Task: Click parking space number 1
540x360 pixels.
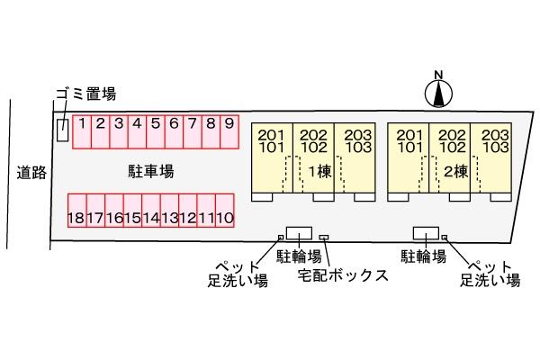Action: click(82, 132)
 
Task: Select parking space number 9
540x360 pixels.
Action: click(229, 132)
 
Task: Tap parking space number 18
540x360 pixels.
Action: click(77, 211)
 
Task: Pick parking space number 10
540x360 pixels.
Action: click(225, 211)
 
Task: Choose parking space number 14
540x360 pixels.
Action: click(151, 211)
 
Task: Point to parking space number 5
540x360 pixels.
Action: click(156, 132)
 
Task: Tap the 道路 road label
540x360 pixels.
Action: click(31, 172)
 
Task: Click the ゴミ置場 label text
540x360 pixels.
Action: click(86, 94)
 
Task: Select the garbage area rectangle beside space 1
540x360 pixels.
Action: click(63, 130)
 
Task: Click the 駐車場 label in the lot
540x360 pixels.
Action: click(151, 171)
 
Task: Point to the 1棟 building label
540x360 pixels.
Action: click(319, 171)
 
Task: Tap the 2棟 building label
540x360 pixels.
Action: click(456, 171)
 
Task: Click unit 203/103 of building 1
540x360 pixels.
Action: click(358, 141)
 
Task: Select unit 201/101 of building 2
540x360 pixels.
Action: click(409, 141)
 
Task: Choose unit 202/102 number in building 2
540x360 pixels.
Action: click(452, 141)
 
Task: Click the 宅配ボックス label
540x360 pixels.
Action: click(343, 275)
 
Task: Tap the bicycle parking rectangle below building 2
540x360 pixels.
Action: click(426, 233)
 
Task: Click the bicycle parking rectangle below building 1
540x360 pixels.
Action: click(300, 233)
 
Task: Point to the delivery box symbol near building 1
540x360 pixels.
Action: click(324, 238)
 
